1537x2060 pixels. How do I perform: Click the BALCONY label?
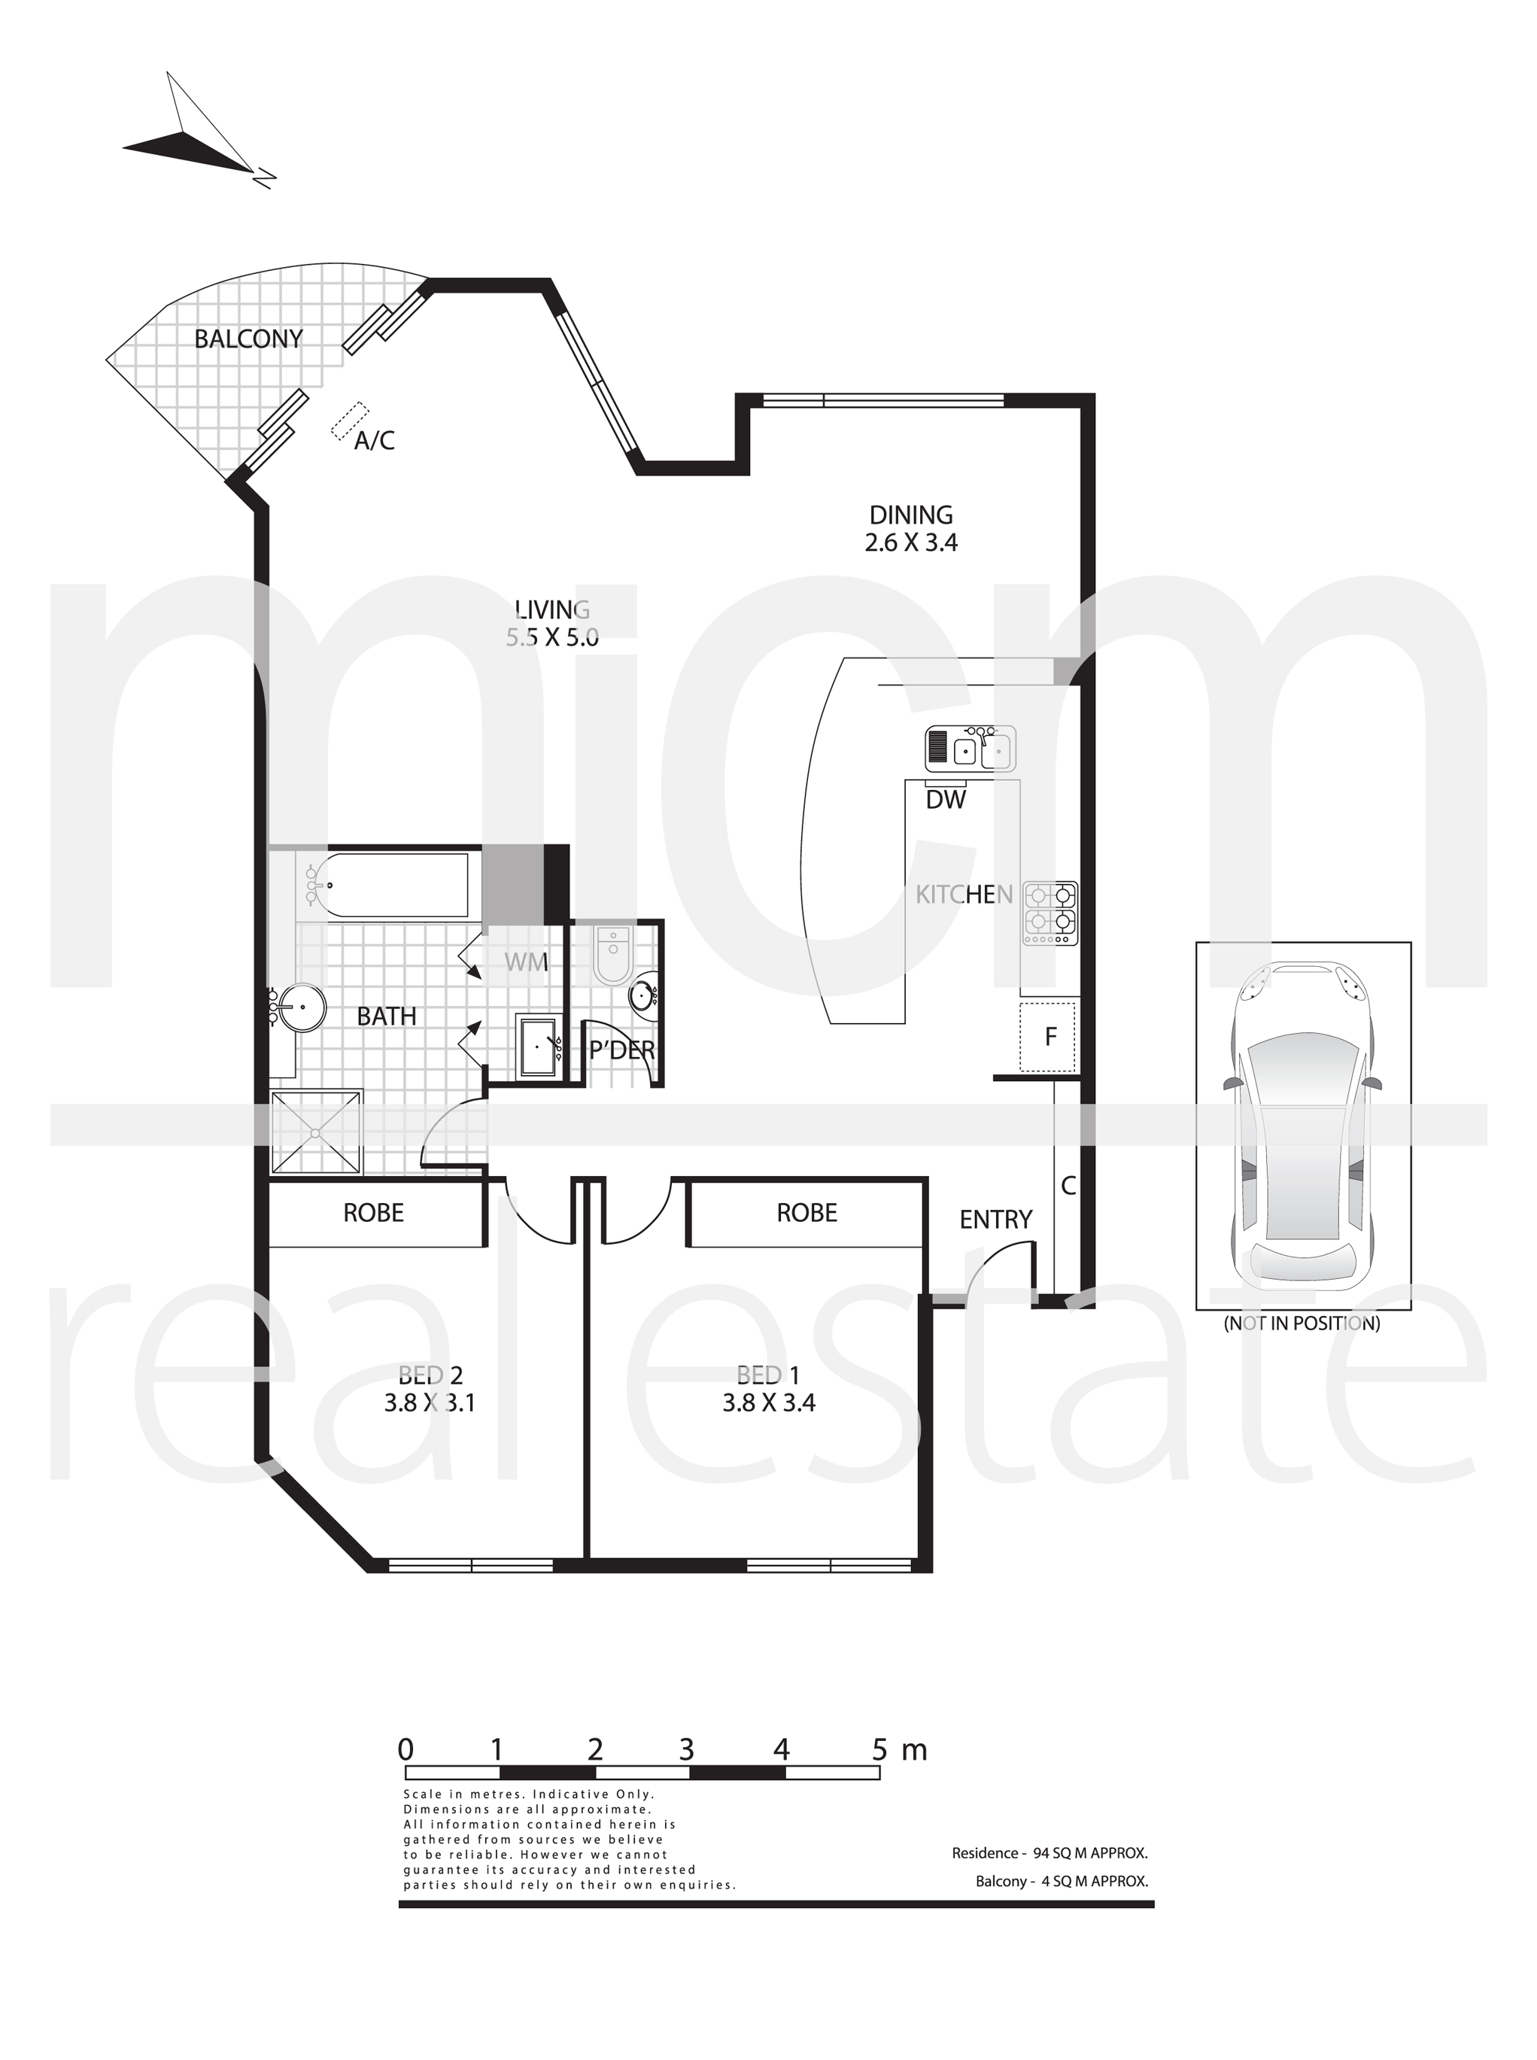[248, 339]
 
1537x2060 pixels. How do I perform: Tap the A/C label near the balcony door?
[374, 440]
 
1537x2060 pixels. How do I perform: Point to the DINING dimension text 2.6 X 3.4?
[911, 542]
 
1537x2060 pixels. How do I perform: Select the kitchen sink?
[970, 748]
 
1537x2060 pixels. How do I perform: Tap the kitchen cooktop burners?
[1050, 913]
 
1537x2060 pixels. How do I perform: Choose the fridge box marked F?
[1049, 1037]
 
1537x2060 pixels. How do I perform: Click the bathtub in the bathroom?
[384, 883]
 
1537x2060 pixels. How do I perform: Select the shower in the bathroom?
[315, 1132]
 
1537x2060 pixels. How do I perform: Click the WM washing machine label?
[527, 962]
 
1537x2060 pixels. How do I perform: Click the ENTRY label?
[995, 1219]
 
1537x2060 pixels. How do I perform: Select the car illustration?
[1302, 1125]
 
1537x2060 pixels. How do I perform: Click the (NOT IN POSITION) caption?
[1302, 1323]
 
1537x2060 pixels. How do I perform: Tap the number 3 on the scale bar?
[687, 1750]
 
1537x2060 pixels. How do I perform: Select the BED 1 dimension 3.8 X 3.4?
[769, 1402]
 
